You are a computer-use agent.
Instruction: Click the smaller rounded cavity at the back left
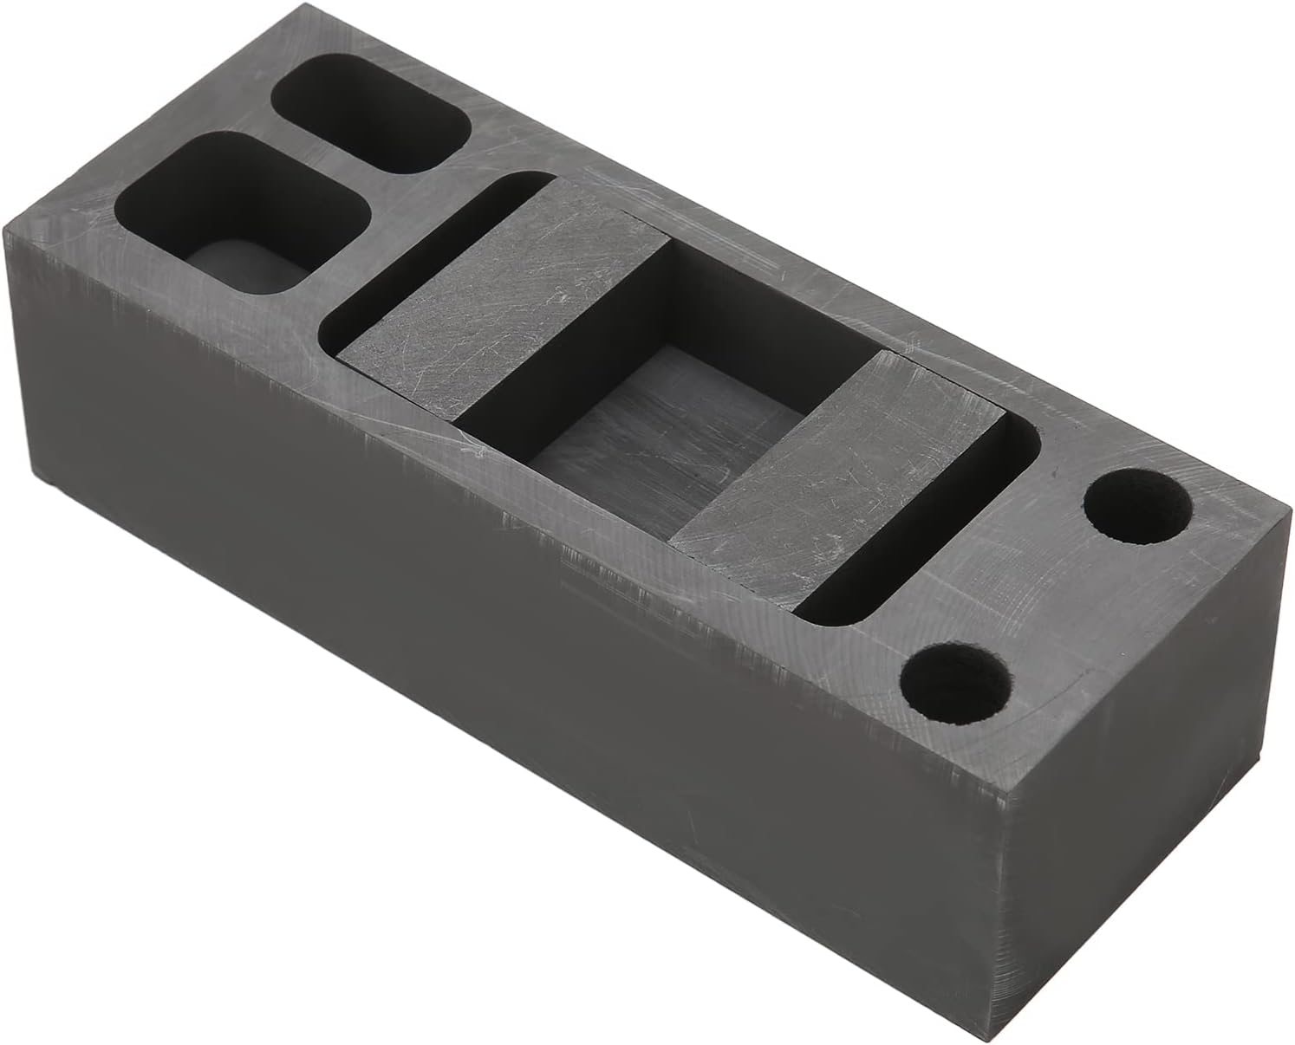[x=373, y=117]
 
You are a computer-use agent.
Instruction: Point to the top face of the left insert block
[x=503, y=295]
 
